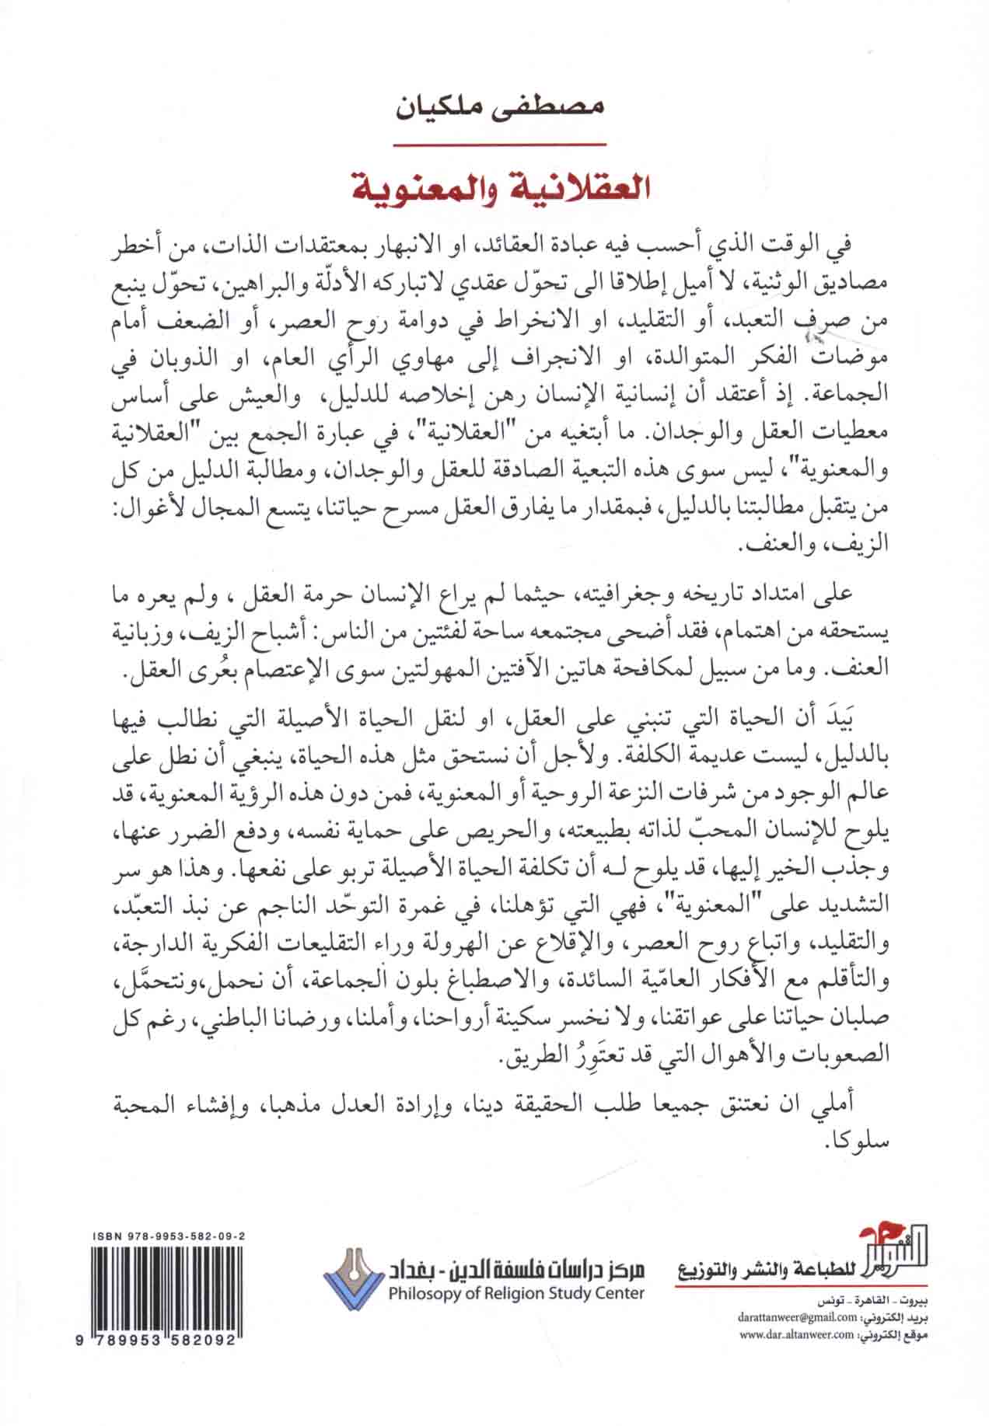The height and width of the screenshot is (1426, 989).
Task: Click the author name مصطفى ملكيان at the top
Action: click(494, 106)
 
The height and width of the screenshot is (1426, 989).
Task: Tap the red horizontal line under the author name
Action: click(495, 145)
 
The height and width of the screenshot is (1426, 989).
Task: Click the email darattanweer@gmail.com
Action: click(804, 1319)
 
